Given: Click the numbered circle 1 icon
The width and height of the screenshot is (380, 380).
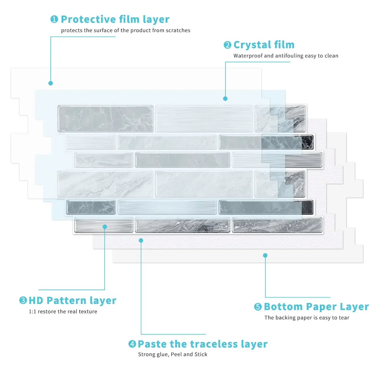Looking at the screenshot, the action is tap(54, 19).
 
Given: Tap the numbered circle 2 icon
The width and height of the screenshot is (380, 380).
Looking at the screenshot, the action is tap(227, 45).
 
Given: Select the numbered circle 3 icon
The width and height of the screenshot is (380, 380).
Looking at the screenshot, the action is tap(23, 300).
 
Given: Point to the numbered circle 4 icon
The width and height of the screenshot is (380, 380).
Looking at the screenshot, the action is tap(132, 344).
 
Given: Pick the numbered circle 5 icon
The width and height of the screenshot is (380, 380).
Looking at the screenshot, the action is tap(258, 307).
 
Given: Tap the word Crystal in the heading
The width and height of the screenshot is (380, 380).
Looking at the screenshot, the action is tap(252, 45).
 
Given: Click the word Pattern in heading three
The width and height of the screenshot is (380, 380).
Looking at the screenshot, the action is tap(67, 300).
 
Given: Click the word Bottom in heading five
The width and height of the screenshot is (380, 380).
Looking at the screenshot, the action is tap(283, 307).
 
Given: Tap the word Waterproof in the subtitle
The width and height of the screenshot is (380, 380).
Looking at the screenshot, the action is tap(248, 56).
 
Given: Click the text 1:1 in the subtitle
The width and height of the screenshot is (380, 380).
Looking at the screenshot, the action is tap(32, 312).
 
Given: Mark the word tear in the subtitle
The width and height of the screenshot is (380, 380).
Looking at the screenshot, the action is tap(344, 318).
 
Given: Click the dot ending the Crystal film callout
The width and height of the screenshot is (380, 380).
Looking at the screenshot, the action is tap(225, 99).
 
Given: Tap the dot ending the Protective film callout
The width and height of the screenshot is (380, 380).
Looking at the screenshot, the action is tap(51, 83).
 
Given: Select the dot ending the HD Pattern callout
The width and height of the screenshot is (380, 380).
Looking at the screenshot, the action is tap(105, 227).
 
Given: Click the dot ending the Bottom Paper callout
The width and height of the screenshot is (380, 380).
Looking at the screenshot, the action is tap(265, 255).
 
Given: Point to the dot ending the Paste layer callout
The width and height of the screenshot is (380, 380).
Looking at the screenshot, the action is tap(141, 241).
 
